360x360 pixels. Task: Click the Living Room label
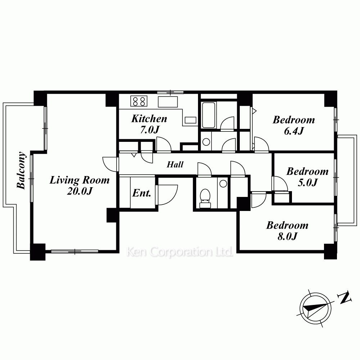tap(80, 180)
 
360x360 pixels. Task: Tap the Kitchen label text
tap(149, 119)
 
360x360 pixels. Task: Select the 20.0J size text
tap(80, 191)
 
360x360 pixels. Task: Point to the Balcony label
tap(22, 170)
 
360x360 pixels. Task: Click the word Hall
tap(175, 165)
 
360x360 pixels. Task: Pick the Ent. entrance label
tap(141, 193)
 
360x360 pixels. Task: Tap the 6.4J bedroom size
tap(294, 131)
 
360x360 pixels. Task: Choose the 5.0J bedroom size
tap(308, 183)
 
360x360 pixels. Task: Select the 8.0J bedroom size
tap(287, 236)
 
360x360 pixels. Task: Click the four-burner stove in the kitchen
tap(139, 101)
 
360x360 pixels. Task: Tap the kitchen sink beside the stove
tap(168, 102)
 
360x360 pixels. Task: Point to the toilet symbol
tap(205, 198)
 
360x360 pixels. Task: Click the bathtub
tap(208, 115)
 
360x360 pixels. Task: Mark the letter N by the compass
tap(345, 298)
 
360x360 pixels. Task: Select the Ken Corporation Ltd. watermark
tap(180, 252)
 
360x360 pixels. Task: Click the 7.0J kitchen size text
tap(150, 130)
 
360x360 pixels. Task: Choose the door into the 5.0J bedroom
tap(280, 183)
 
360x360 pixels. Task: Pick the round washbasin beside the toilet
tap(223, 184)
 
